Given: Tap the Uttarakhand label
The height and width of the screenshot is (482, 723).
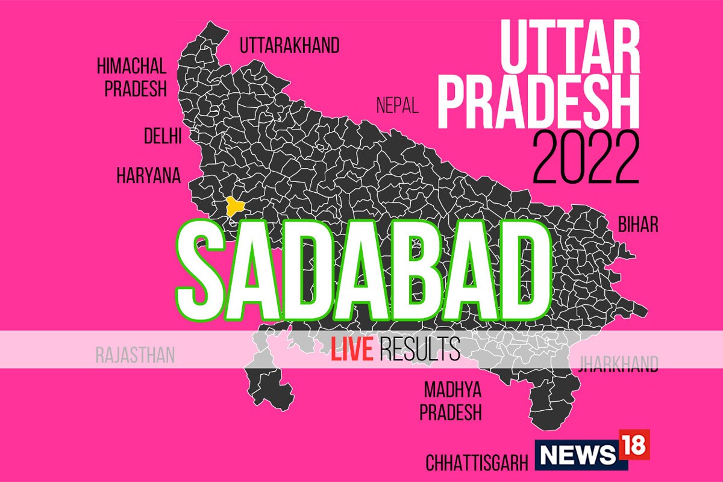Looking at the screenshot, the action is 289,45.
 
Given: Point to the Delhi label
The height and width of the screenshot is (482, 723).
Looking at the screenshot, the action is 163,136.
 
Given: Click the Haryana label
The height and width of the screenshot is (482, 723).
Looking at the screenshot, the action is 148,176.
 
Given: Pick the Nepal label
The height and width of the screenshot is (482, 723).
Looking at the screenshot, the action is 397,106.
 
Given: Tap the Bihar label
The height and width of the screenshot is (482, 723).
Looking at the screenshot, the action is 638,225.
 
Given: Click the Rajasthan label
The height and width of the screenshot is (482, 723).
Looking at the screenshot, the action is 135,355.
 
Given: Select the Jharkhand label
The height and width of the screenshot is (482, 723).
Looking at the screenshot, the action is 618,364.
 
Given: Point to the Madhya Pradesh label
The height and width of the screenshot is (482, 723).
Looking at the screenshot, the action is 452,401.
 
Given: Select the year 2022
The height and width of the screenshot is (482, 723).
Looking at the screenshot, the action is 586,160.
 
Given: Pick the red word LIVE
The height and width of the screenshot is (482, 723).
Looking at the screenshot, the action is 351,349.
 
